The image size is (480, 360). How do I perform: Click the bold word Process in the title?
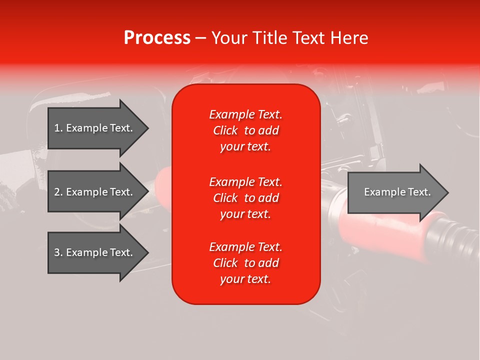coord(157,38)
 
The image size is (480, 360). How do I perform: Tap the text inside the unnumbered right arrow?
coord(397,192)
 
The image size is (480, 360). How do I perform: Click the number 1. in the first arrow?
coord(58,128)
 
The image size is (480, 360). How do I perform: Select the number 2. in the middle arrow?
coord(58,192)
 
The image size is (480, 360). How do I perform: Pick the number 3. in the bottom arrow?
coord(58,252)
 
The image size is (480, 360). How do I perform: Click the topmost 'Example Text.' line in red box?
coord(245,114)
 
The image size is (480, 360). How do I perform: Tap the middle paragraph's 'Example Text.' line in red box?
coord(245,181)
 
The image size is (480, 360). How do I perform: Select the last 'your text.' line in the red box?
coord(245,279)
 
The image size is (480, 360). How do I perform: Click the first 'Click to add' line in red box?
coord(245,130)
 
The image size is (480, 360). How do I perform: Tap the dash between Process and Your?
coord(201,38)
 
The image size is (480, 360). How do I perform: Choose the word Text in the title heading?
coord(308,38)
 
